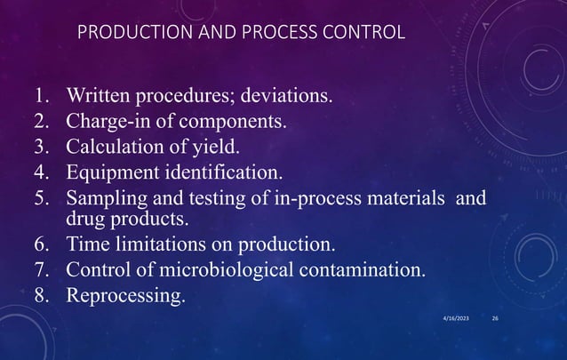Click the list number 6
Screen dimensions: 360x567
pos(42,243)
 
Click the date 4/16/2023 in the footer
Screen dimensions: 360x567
pos(457,317)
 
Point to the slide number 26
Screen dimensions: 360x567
pos(496,317)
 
